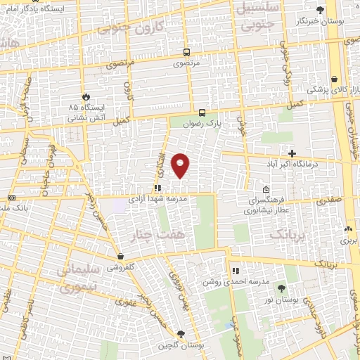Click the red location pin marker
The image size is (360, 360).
tap(181, 165)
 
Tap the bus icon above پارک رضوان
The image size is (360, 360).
tap(202, 112)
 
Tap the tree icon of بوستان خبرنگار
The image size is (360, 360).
tap(321, 10)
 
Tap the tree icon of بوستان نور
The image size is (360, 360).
tap(281, 288)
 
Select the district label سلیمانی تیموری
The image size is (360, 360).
tap(75, 277)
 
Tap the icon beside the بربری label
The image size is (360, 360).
tap(349, 229)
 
